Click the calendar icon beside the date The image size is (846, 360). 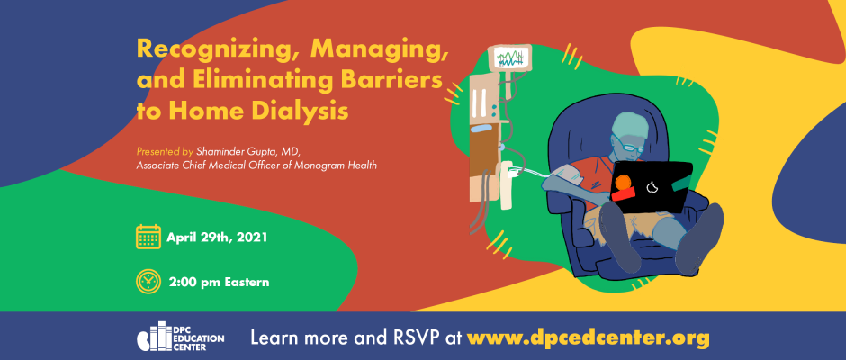[148, 237]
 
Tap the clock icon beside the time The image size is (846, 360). [148, 281]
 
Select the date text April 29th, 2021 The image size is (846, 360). [217, 238]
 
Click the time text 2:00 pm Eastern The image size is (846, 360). [219, 282]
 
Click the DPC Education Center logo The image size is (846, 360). [180, 337]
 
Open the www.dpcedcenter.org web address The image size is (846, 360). [588, 337]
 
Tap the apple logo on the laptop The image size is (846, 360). [652, 186]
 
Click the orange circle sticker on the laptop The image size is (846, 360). [624, 183]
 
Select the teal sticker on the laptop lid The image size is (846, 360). [682, 184]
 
